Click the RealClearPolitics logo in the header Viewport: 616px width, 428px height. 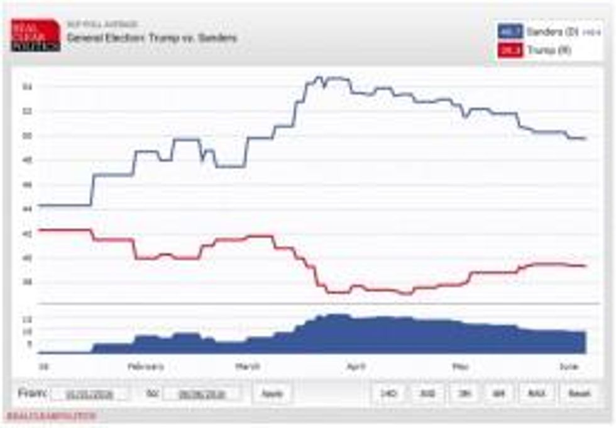click(35, 35)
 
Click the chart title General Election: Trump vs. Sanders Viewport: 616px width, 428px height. click(152, 38)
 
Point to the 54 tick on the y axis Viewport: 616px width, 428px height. click(27, 87)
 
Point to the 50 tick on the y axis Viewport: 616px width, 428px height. click(27, 136)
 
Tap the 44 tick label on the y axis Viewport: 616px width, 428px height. click(27, 209)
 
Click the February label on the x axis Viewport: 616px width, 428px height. click(146, 366)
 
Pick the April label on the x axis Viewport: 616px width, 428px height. click(356, 366)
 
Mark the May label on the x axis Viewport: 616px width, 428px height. click(461, 366)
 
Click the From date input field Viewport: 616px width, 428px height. click(90, 394)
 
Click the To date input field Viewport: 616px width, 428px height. click(202, 394)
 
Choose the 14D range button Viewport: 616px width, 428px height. click(388, 394)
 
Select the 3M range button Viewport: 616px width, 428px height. click(464, 394)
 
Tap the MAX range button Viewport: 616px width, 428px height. click(536, 394)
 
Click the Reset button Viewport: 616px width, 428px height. click(579, 394)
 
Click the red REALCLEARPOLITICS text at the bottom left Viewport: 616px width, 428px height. click(52, 416)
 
